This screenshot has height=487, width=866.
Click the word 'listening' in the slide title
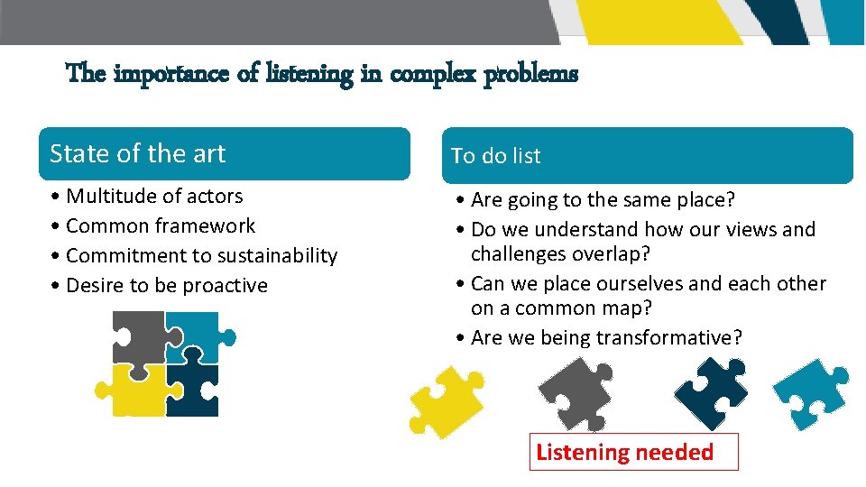click(310, 74)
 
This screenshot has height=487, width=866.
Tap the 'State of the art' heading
click(138, 154)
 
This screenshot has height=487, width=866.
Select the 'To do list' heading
click(496, 156)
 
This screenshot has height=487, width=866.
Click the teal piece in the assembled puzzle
click(195, 335)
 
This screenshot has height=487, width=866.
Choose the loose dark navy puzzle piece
click(712, 388)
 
